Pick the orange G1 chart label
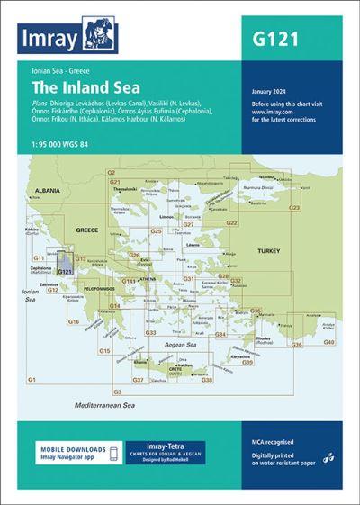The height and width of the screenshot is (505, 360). click(32, 381)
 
